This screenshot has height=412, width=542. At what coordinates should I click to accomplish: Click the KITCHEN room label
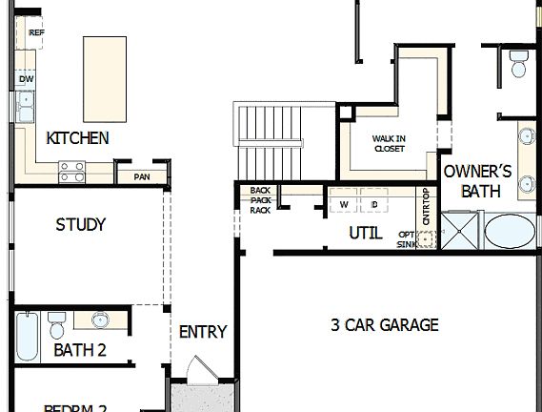77,138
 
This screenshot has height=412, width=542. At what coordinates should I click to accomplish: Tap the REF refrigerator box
37,33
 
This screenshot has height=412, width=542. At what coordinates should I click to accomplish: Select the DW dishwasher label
26,79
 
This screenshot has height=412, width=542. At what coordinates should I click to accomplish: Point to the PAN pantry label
141,176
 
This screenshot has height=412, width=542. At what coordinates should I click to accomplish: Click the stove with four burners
72,172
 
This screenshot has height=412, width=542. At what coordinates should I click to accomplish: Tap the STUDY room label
80,225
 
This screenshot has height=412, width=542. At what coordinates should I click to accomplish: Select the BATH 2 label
79,350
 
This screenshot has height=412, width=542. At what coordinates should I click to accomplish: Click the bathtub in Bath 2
27,336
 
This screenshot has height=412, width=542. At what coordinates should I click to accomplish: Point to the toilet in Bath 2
56,326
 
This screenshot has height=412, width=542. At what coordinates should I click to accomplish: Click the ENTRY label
203,332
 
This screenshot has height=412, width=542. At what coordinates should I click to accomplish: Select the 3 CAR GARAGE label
384,325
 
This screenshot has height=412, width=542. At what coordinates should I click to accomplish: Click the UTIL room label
366,233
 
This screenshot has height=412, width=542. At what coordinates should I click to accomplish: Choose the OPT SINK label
407,239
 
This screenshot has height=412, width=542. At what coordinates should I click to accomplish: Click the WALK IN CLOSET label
389,144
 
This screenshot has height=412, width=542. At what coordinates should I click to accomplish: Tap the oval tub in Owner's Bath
511,232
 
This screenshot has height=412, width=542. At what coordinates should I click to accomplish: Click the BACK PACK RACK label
260,200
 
